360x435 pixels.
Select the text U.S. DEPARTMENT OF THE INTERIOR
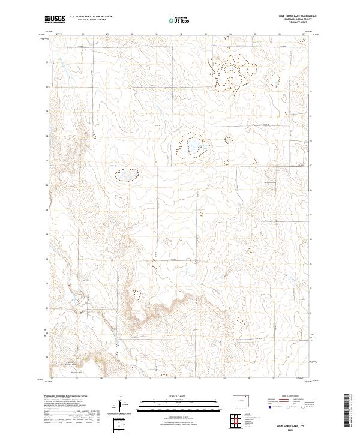pyautogui.click(x=91, y=17)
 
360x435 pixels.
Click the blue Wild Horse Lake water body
pyautogui.click(x=194, y=146)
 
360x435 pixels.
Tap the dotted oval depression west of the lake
pyautogui.click(x=127, y=174)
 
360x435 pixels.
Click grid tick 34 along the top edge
pyautogui.click(x=230, y=34)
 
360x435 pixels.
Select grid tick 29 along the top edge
pyautogui.click(x=107, y=34)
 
